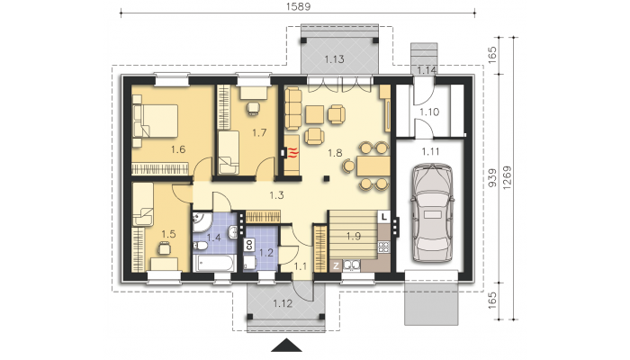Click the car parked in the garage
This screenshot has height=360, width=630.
(432, 212)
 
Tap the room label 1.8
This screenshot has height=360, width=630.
(335, 153)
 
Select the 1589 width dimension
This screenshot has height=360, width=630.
(298, 6)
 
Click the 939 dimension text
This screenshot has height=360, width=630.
(492, 177)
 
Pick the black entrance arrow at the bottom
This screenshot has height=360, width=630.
(286, 345)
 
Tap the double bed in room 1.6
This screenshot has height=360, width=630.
(156, 121)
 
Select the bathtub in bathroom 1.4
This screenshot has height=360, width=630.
(214, 263)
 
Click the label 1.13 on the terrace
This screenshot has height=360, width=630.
(334, 59)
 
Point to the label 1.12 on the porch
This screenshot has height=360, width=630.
(283, 303)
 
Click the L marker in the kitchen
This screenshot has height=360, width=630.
(384, 217)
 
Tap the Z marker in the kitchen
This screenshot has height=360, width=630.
(336, 265)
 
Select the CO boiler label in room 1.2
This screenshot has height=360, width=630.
(249, 245)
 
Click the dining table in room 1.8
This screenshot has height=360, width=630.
(373, 166)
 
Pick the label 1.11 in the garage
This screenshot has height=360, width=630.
(430, 151)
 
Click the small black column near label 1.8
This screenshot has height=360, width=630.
(327, 178)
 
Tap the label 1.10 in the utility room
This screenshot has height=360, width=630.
(429, 112)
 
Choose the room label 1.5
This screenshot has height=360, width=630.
(169, 234)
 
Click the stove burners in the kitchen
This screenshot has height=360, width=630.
(383, 247)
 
